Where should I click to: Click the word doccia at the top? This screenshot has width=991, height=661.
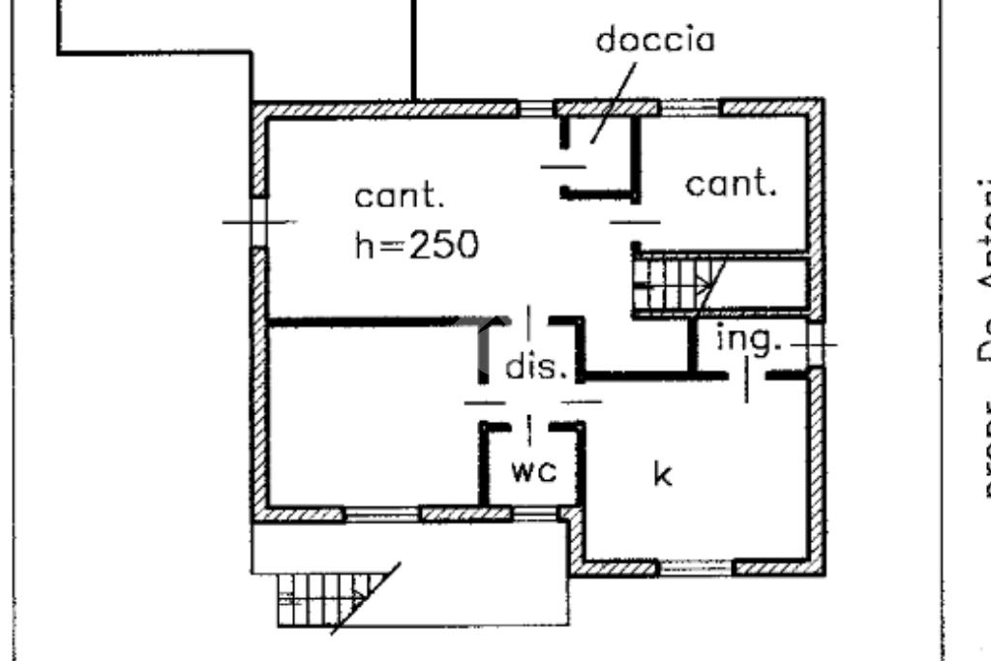coord(655,41)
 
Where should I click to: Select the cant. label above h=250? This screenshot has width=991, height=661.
coord(400,196)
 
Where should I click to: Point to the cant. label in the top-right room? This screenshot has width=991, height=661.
coord(731,184)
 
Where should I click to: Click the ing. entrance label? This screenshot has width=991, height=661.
coord(748,340)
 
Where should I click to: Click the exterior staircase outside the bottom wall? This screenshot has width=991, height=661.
coord(329,599)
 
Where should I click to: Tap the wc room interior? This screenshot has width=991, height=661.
coord(533,455)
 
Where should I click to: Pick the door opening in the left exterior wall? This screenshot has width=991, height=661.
coord(258,222)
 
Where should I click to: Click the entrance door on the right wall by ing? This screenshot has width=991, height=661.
coord(817,344)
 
